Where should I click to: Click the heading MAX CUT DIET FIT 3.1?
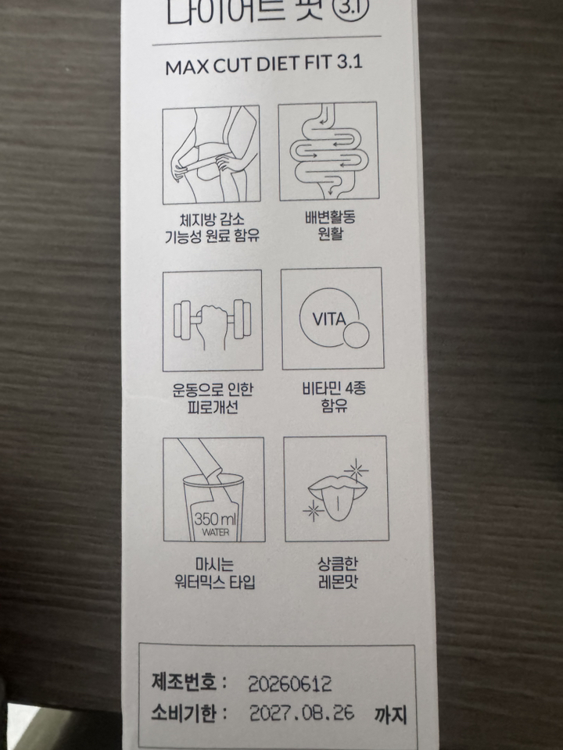(264, 65)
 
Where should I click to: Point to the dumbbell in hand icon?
(212, 321)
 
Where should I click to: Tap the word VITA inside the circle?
(329, 319)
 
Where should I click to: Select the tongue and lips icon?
(335, 491)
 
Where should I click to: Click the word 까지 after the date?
(391, 714)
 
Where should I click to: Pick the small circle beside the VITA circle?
(357, 334)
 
